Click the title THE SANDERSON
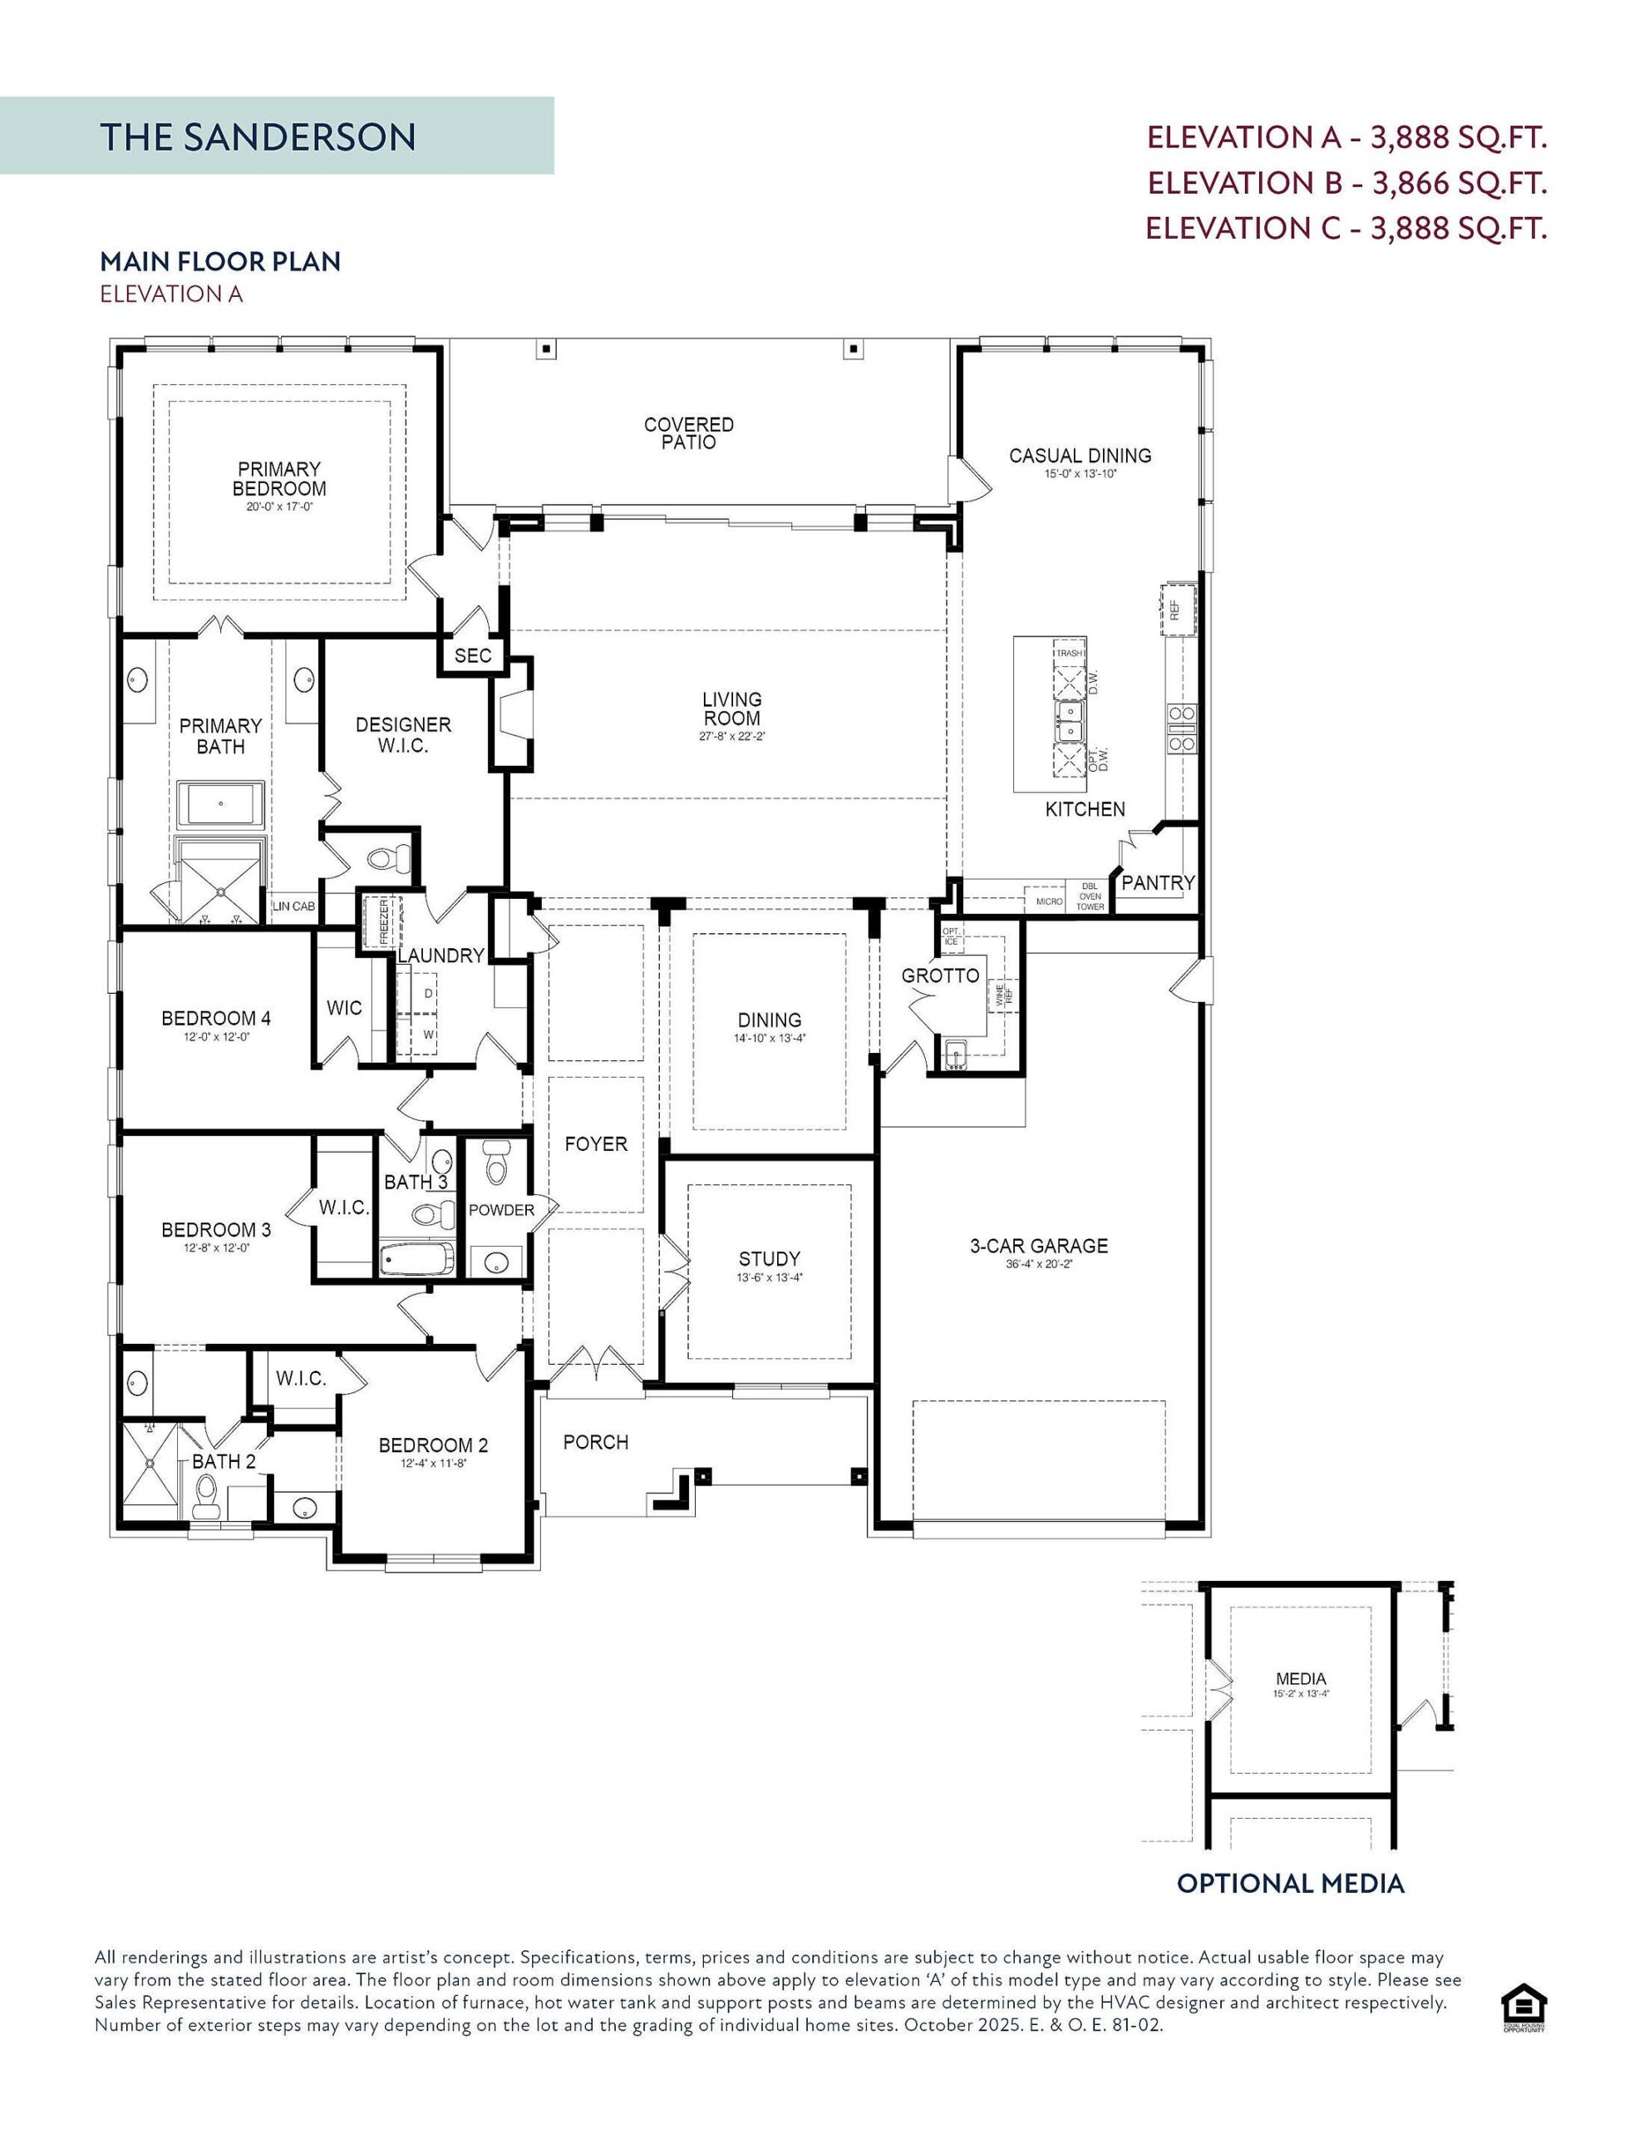[258, 137]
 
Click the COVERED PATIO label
[688, 432]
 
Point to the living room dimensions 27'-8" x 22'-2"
[732, 737]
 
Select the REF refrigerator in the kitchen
[1176, 610]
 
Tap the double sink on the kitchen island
[1069, 723]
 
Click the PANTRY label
[1157, 883]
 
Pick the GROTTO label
[939, 976]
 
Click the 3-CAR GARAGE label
[1039, 1246]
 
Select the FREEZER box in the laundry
[382, 922]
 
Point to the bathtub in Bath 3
[417, 1258]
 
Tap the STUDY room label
[769, 1258]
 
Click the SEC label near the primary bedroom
[473, 656]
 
